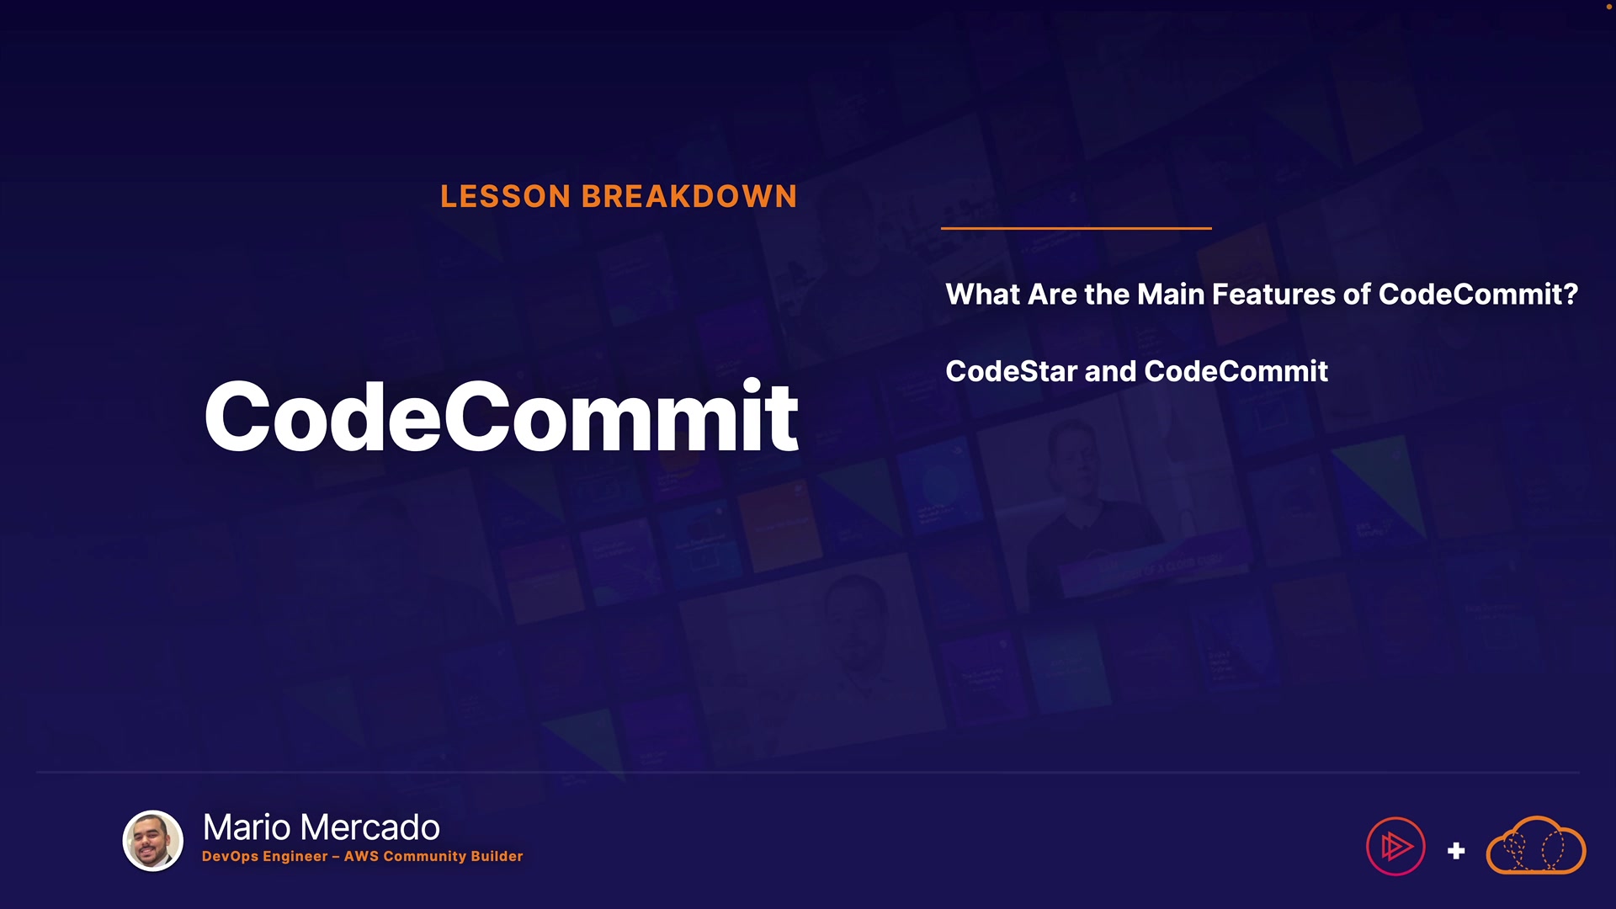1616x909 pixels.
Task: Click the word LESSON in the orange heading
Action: [506, 196]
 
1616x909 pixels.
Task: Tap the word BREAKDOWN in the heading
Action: [689, 196]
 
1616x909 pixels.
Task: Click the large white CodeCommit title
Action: [502, 416]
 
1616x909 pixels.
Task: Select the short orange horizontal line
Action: [1076, 228]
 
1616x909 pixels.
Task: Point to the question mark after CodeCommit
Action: [1571, 294]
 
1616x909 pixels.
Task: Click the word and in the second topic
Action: [1111, 371]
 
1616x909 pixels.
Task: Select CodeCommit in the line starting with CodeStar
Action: [1236, 371]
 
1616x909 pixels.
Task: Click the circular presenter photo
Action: [153, 840]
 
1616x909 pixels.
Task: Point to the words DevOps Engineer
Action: [265, 856]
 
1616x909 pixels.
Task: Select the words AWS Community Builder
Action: [433, 856]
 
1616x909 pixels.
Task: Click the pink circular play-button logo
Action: [1395, 846]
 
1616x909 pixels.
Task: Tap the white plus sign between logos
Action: [1456, 851]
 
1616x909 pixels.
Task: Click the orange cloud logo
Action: [1536, 845]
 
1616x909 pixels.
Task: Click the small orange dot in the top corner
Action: [1609, 6]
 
